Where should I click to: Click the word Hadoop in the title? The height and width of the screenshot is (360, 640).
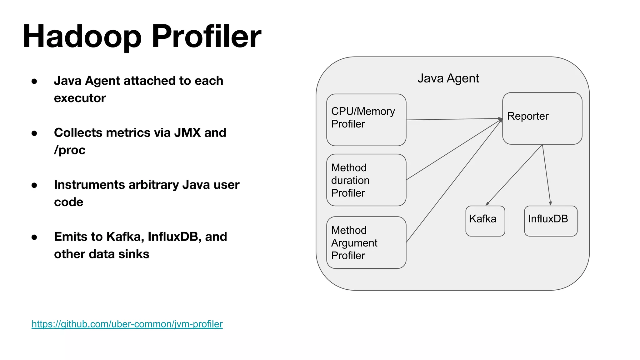[82, 37]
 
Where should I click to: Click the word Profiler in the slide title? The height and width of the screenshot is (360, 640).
[206, 37]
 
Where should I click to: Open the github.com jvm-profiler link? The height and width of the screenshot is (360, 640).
[127, 324]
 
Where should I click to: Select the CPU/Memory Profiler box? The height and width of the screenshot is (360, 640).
[366, 120]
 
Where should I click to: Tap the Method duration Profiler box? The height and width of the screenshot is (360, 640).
[366, 180]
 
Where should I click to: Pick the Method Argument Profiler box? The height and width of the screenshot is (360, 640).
[366, 242]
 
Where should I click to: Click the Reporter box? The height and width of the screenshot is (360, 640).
[542, 118]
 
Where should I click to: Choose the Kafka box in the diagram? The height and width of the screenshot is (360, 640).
[485, 221]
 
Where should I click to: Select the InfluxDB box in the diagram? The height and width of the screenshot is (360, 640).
[550, 221]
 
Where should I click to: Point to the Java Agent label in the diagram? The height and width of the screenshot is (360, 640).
[448, 78]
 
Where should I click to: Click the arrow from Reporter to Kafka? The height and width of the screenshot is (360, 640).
[514, 175]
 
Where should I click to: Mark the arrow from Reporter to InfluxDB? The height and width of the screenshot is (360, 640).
[547, 175]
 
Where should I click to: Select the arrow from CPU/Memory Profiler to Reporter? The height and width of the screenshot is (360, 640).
[453, 119]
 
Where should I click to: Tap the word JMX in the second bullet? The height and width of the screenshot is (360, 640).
[187, 132]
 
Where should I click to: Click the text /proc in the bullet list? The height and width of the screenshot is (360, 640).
[70, 150]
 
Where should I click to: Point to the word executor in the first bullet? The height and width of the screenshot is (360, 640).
[80, 98]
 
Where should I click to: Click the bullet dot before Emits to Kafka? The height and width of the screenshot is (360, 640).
[34, 237]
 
